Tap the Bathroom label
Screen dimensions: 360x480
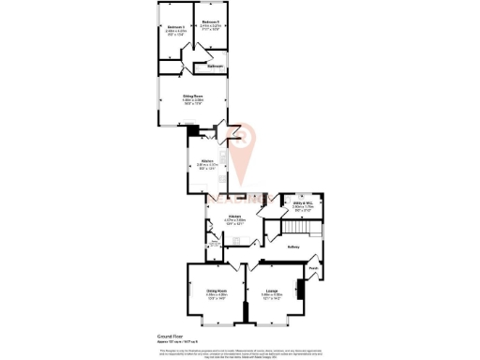click(215, 67)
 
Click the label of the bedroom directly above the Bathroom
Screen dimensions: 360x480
click(210, 21)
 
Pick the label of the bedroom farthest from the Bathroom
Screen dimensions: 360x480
click(174, 27)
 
